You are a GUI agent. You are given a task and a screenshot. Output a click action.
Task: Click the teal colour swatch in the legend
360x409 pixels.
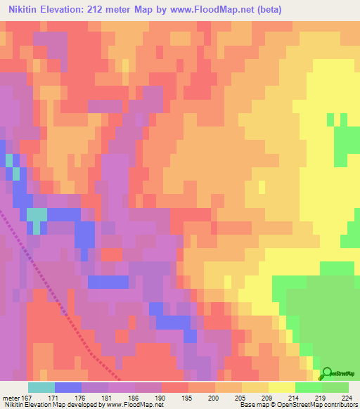(41, 387)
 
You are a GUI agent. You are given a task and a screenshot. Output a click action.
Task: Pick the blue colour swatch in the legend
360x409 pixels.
(68, 387)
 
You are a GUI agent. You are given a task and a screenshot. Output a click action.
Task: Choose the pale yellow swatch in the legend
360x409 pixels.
(282, 387)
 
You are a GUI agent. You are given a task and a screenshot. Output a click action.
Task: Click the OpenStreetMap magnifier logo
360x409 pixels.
(326, 373)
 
